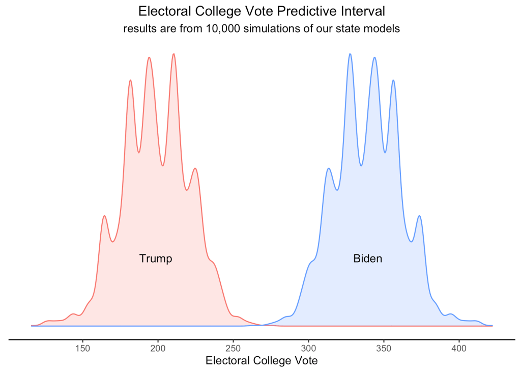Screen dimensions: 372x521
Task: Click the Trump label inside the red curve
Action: click(156, 259)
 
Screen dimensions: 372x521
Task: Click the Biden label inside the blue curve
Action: click(367, 259)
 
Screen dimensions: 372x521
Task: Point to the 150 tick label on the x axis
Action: click(82, 349)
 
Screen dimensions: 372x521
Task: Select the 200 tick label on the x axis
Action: click(158, 349)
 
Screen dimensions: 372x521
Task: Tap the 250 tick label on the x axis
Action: click(233, 349)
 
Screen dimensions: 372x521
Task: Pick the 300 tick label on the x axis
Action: click(308, 349)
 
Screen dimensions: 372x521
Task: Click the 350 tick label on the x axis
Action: click(384, 349)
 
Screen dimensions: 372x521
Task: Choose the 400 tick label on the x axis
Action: click(459, 349)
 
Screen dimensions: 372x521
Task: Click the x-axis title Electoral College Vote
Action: click(262, 361)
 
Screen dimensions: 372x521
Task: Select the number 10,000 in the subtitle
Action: click(224, 29)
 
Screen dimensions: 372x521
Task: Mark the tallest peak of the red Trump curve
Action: click(174, 53)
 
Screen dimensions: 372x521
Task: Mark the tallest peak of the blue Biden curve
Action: click(350, 53)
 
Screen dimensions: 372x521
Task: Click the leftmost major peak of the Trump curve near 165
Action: click(104, 216)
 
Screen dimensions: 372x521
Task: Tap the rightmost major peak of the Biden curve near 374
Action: click(419, 216)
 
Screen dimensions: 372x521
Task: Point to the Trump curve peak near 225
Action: click(195, 168)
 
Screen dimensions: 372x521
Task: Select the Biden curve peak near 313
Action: click(329, 168)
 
